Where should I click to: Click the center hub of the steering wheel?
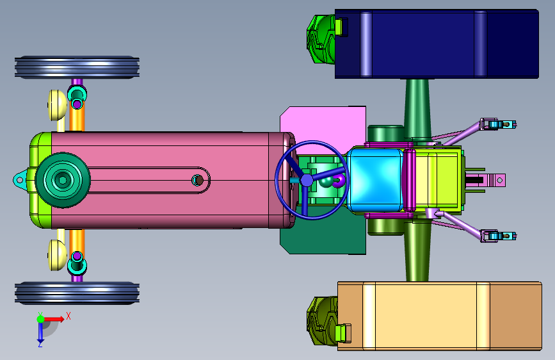(x=307, y=180)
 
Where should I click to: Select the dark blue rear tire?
(x=437, y=44)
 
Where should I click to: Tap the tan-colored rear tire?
(x=440, y=316)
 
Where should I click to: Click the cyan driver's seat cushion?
(x=375, y=180)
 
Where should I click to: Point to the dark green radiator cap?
(x=63, y=180)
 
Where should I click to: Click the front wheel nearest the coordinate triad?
(x=77, y=293)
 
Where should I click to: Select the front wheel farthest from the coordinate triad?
(x=77, y=67)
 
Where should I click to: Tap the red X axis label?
(x=68, y=316)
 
